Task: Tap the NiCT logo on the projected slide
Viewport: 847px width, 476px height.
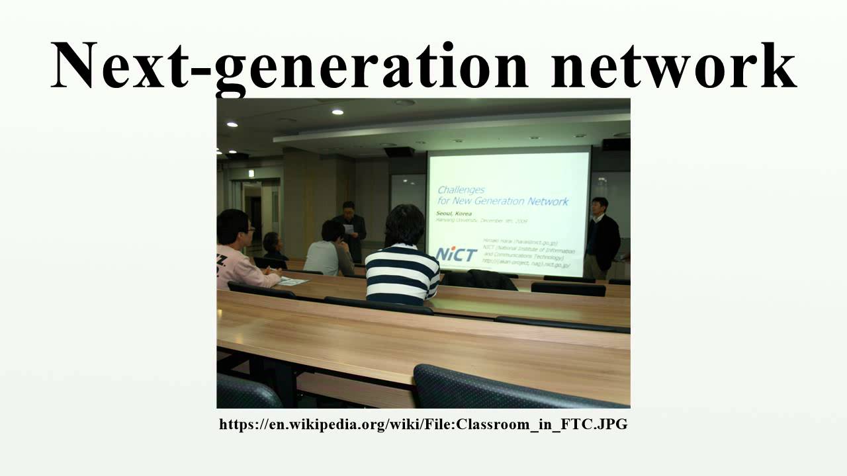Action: pos(457,254)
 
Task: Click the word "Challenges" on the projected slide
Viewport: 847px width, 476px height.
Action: pos(461,190)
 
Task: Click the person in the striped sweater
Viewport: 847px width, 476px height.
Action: pos(402,260)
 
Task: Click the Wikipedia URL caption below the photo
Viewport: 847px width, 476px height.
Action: pos(423,424)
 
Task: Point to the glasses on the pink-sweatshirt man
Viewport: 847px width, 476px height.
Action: pos(247,229)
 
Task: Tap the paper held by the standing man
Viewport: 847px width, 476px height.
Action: pos(348,228)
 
